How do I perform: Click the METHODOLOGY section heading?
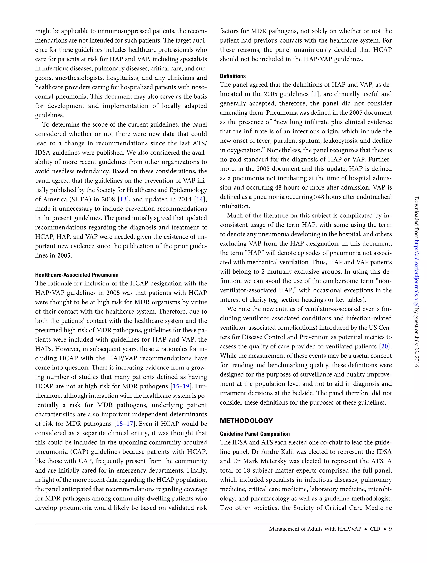pyautogui.click(x=246, y=421)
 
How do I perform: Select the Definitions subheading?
pyautogui.click(x=233, y=76)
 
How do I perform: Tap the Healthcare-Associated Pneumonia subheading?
pyautogui.click(x=77, y=275)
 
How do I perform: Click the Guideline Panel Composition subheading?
pyautogui.click(x=255, y=434)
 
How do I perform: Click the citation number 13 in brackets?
pyautogui.click(x=123, y=199)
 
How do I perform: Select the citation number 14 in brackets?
pyautogui.click(x=200, y=199)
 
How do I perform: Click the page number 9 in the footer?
pyautogui.click(x=390, y=529)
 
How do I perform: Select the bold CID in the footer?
pyautogui.click(x=375, y=529)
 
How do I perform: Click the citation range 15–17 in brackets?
pyautogui.click(x=125, y=424)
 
